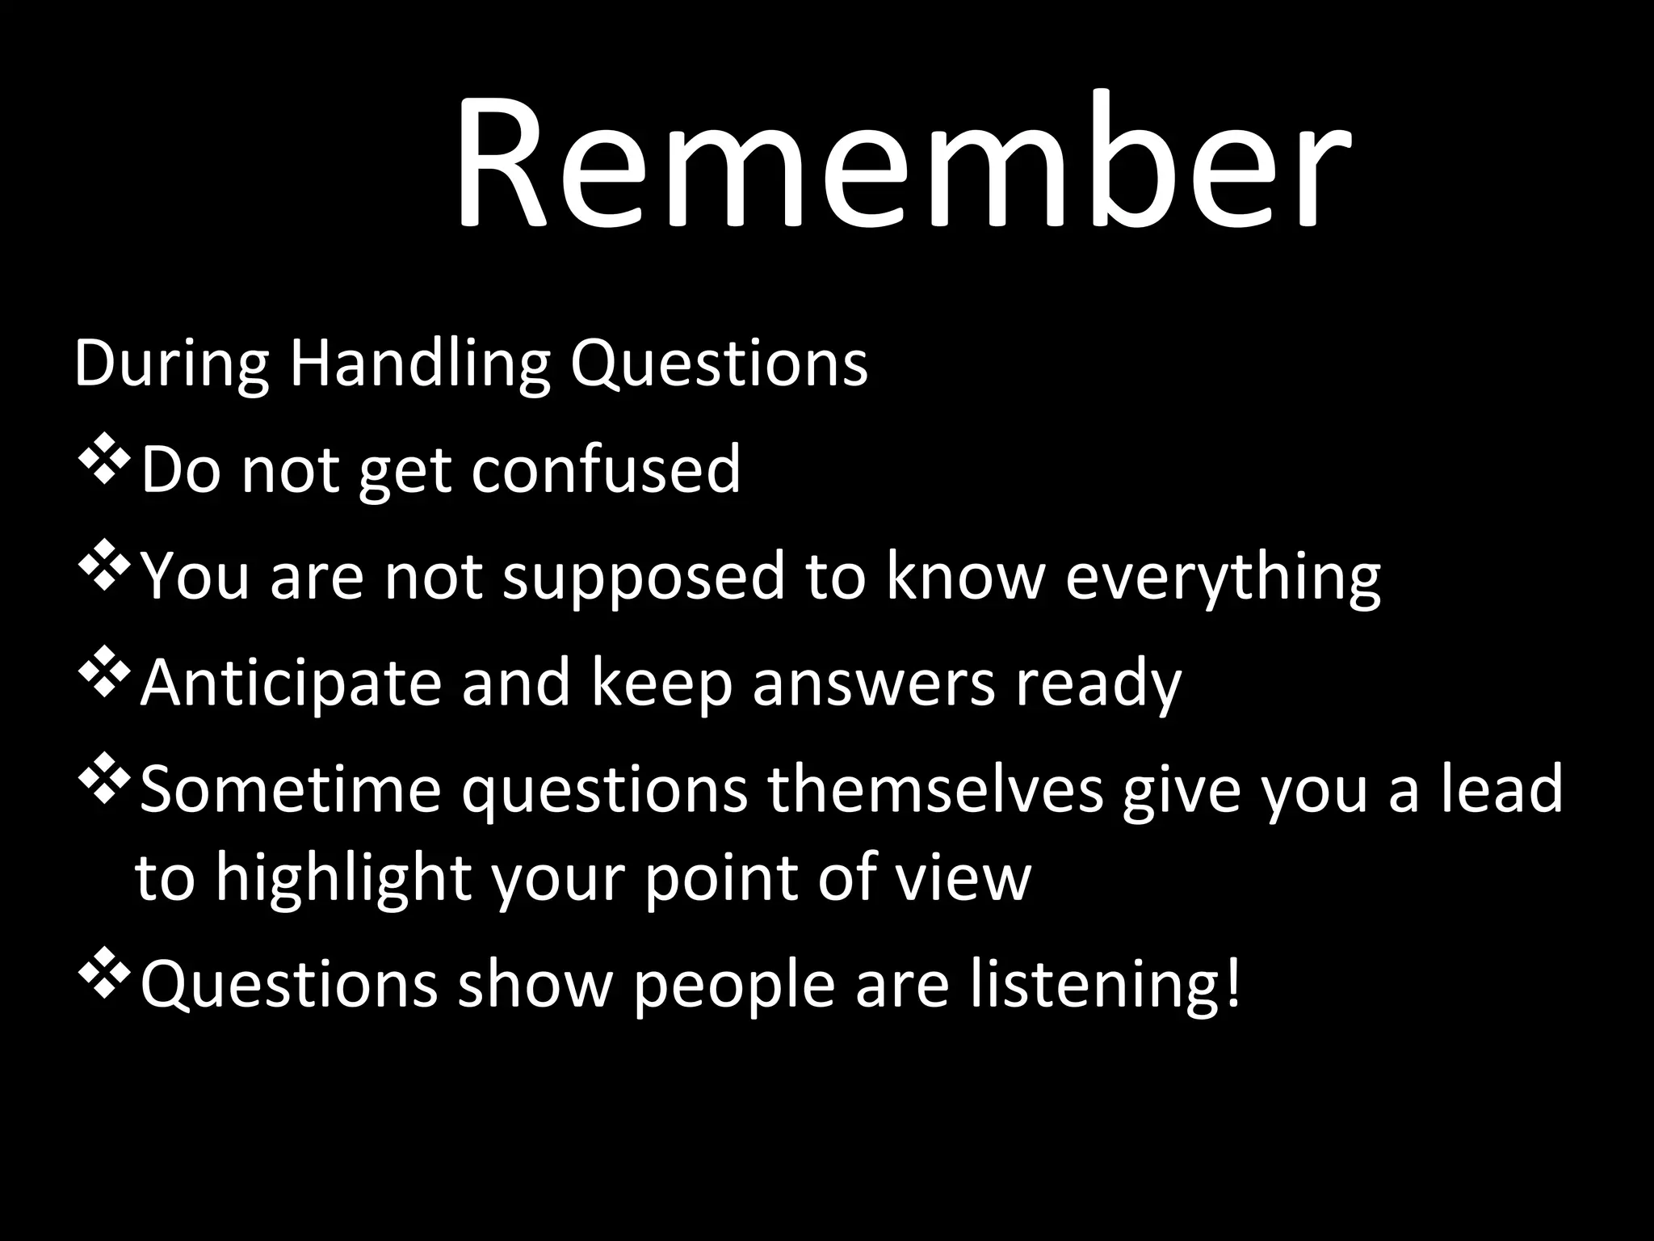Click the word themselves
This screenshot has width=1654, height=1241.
click(x=935, y=790)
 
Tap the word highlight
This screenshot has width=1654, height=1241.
click(x=343, y=879)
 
